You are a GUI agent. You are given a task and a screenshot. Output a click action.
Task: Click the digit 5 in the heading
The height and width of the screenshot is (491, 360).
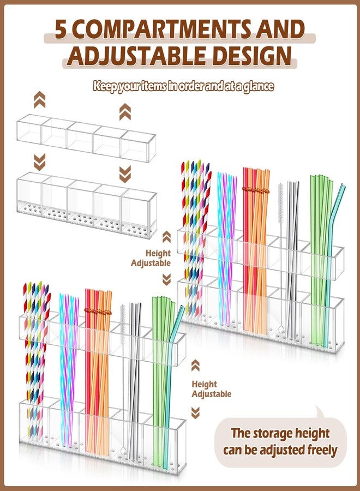(x=61, y=29)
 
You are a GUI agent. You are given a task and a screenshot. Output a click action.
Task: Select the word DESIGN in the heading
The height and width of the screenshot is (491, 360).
(x=249, y=56)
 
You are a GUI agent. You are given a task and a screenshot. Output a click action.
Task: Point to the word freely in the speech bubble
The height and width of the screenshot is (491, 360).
(x=322, y=450)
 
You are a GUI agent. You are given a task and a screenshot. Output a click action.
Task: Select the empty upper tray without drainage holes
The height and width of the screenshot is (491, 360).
(x=86, y=138)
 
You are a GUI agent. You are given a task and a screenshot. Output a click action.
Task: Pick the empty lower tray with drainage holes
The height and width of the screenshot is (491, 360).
(x=87, y=205)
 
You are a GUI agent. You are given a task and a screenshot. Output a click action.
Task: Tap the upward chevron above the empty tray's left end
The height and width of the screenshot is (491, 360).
(x=39, y=100)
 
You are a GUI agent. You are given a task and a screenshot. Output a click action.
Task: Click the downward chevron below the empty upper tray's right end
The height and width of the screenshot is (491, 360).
(x=125, y=174)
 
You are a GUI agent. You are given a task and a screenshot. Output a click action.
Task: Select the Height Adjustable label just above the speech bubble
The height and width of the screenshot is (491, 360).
(x=211, y=389)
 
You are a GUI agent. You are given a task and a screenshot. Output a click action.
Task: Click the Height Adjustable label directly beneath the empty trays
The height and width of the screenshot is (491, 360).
(x=151, y=258)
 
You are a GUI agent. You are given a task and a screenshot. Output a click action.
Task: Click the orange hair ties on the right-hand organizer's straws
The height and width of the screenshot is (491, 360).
(x=256, y=190)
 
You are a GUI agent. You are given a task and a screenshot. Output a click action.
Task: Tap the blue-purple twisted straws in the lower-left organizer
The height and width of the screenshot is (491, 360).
(x=69, y=369)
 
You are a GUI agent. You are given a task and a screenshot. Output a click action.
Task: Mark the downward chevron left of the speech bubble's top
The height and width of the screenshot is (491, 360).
(x=195, y=413)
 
